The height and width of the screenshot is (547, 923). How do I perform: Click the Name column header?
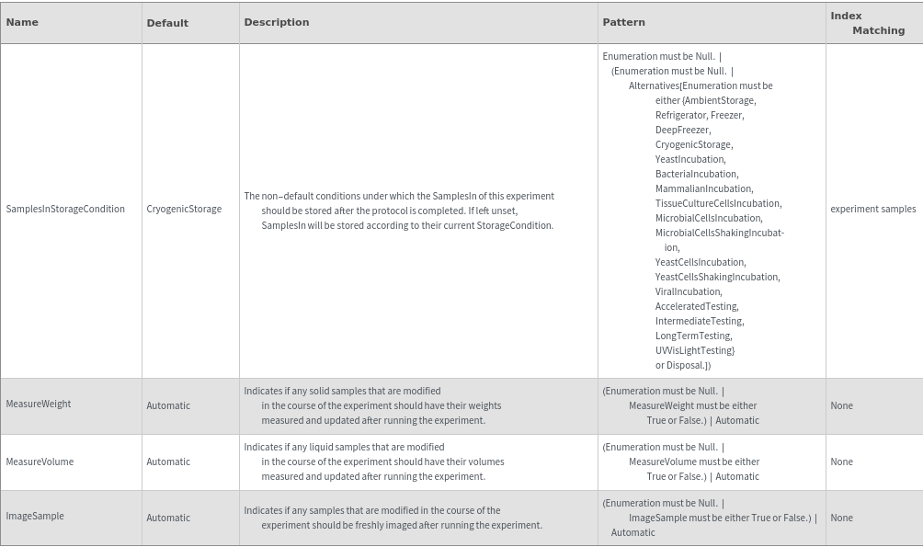(x=22, y=22)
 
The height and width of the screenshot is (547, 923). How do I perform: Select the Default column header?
(x=167, y=23)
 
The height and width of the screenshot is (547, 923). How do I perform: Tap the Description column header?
(x=277, y=22)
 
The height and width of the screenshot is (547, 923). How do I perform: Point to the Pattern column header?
(x=623, y=22)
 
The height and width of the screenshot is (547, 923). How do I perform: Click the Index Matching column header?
(x=867, y=23)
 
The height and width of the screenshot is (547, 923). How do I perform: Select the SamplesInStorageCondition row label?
(x=65, y=209)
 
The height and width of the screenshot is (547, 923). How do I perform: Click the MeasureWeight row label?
(x=39, y=404)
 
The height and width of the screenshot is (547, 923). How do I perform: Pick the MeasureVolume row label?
(x=40, y=462)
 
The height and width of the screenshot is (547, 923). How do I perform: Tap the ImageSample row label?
(x=35, y=516)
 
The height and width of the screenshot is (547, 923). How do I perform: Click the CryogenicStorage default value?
(x=184, y=209)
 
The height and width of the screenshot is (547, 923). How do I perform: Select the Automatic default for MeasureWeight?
(x=168, y=405)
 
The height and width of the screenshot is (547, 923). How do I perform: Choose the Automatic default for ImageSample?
(x=168, y=518)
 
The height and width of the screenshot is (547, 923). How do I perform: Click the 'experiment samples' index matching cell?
(x=872, y=209)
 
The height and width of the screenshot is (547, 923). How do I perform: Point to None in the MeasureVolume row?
(x=841, y=462)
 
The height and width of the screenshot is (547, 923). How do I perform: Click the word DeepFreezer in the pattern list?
(x=682, y=130)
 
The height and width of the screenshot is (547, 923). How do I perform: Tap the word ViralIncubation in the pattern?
(x=688, y=291)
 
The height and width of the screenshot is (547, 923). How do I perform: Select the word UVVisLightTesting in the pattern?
(x=694, y=350)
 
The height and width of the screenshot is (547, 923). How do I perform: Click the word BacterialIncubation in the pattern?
(x=696, y=174)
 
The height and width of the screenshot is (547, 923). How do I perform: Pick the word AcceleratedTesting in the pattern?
(x=696, y=306)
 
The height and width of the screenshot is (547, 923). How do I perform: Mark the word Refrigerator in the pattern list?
(x=680, y=115)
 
